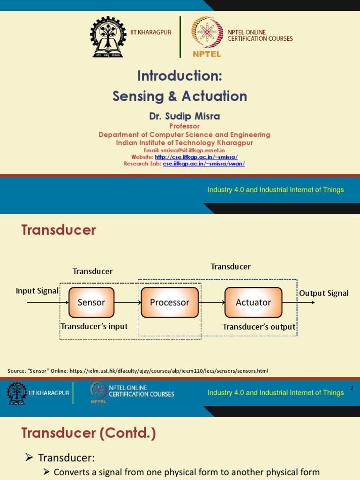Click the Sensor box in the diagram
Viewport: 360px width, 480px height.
pos(91,302)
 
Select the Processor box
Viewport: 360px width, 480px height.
pos(170,302)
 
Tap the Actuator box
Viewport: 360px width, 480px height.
pos(253,302)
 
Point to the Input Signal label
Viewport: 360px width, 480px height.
pos(37,291)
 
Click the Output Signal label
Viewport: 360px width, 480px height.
pos(324,293)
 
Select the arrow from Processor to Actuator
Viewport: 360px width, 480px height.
pos(211,303)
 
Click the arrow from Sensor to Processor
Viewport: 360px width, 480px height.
pos(127,303)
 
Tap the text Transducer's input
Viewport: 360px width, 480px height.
pos(94,326)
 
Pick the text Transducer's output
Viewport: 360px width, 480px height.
pos(259,327)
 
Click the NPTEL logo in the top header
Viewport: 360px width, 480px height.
pos(207,37)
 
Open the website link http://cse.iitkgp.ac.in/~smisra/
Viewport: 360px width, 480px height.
pos(196,157)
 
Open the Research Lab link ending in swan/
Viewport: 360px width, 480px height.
pos(204,164)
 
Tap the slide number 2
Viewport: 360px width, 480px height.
pos(352,388)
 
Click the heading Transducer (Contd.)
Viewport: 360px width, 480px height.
pos(89,433)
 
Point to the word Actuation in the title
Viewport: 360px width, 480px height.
pos(213,96)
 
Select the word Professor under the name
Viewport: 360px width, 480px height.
pos(184,126)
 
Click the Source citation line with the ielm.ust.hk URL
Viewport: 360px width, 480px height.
pos(138,371)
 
